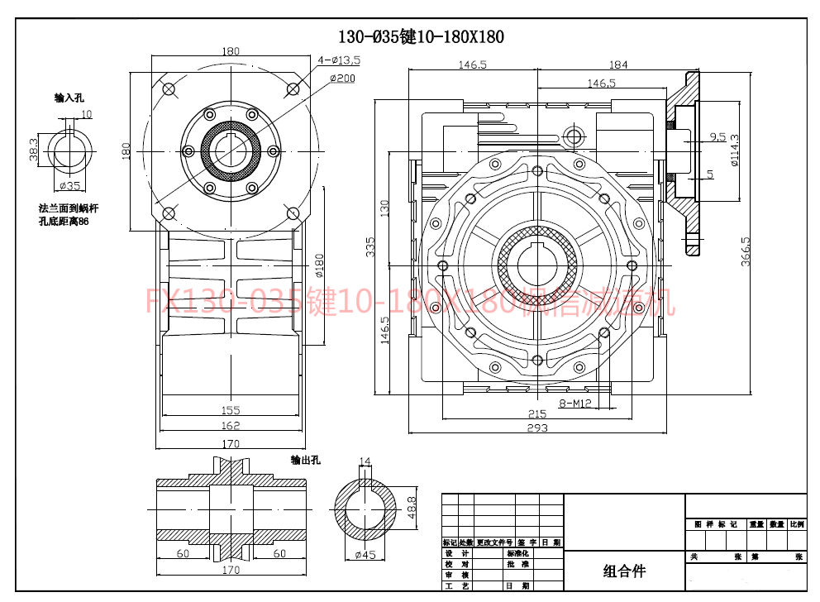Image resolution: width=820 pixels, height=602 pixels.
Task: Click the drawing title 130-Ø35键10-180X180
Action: (421, 36)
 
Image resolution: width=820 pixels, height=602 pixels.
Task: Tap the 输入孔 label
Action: (69, 98)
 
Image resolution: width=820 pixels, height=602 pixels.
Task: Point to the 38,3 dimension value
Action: (34, 150)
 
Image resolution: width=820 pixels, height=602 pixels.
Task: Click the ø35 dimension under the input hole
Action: (71, 186)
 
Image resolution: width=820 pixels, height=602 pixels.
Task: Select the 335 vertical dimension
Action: (371, 246)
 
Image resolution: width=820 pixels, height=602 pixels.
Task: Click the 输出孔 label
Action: (305, 460)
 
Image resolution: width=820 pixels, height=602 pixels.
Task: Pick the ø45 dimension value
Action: (365, 555)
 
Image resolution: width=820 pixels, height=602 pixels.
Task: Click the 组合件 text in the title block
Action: (624, 571)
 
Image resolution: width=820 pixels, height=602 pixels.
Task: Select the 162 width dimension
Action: (231, 425)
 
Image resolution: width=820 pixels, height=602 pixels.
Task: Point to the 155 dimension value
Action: (231, 409)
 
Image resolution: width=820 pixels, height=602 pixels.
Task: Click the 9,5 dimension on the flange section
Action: (717, 136)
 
